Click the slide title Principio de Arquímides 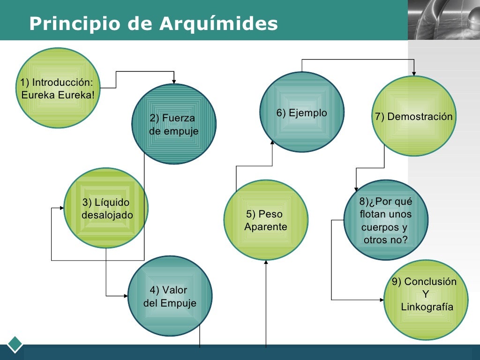[153, 23]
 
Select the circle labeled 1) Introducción [57, 88]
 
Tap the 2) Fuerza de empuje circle [174, 124]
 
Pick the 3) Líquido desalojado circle [106, 208]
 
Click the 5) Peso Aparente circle [266, 220]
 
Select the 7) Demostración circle [414, 116]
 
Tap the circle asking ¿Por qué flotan [385, 220]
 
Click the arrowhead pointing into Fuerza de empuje [174, 81]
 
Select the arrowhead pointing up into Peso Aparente [266, 263]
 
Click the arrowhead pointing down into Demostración [414, 73]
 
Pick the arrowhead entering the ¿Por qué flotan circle [356, 188]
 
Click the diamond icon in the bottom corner [15, 344]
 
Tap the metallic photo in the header [443, 20]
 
